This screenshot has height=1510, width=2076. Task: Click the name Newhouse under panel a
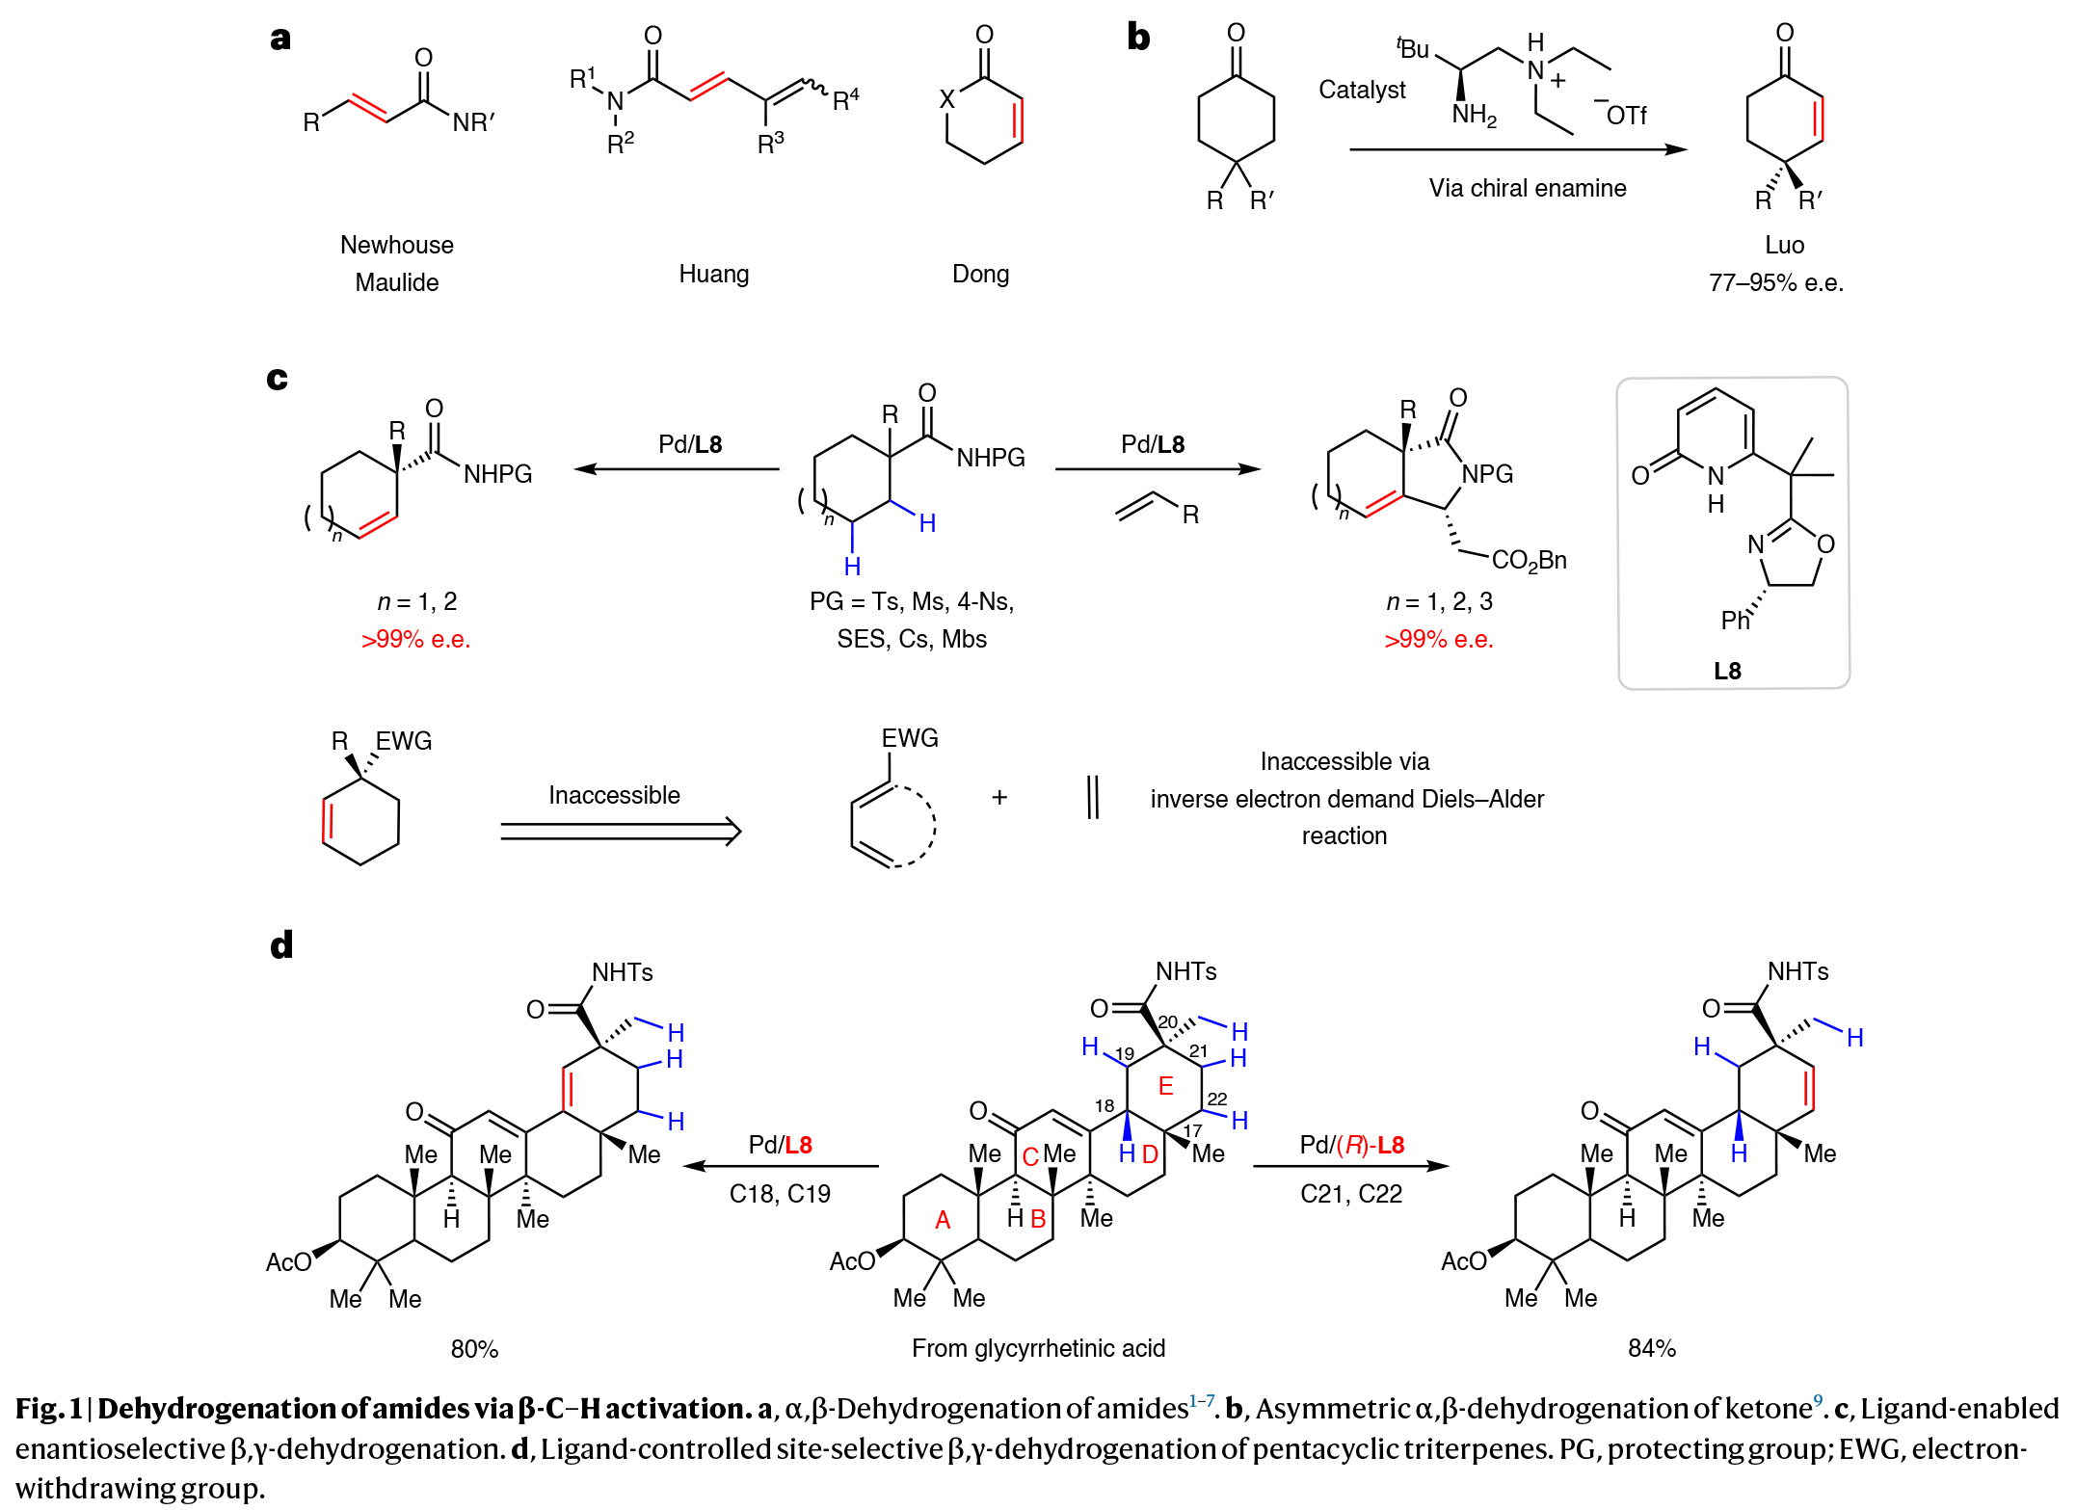[x=396, y=245]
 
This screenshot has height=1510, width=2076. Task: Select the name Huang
[x=713, y=274]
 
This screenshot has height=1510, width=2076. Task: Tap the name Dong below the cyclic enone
[x=980, y=274]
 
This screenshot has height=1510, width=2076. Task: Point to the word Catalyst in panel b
[x=1361, y=90]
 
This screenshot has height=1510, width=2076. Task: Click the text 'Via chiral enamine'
[x=1527, y=188]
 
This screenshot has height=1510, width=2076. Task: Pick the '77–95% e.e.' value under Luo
[x=1775, y=283]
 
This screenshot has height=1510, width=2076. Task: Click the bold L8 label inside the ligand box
[x=1727, y=671]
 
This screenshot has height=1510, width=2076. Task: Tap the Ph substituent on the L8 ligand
[x=1735, y=621]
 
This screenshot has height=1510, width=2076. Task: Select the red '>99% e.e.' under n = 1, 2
[x=415, y=640]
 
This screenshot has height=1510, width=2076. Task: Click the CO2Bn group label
[x=1529, y=560]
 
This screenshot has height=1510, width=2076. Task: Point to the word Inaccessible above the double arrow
[x=614, y=795]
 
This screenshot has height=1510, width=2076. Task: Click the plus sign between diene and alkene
[x=999, y=797]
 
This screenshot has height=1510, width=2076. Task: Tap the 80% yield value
[x=474, y=1349]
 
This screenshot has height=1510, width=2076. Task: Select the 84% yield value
[x=1651, y=1348]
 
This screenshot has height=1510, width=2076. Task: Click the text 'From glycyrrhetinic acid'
[x=1038, y=1348]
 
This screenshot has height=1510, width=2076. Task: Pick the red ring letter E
[x=1165, y=1086]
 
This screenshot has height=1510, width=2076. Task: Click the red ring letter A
[x=943, y=1220]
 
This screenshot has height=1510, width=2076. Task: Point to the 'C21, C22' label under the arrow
[x=1350, y=1194]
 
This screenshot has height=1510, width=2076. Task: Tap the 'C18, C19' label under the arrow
[x=780, y=1194]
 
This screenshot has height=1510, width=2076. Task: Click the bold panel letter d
[x=280, y=945]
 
